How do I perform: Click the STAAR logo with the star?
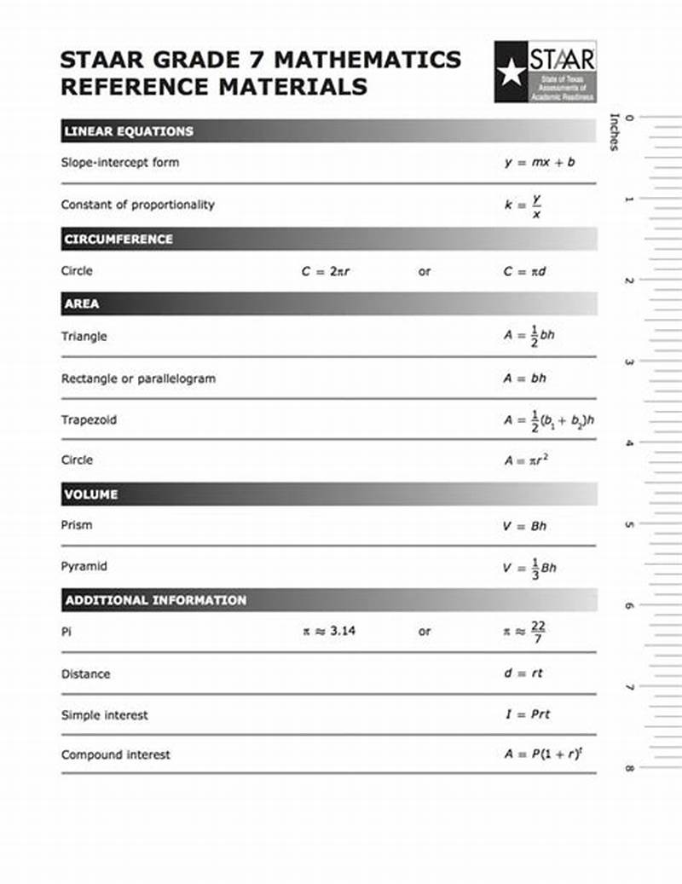pyautogui.click(x=545, y=72)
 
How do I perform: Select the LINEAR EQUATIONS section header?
pyautogui.click(x=129, y=131)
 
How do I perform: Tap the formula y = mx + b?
pyautogui.click(x=539, y=162)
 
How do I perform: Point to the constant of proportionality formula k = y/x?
pyautogui.click(x=523, y=205)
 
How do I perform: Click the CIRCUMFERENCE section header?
pyautogui.click(x=118, y=240)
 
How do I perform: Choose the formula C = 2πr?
pyautogui.click(x=326, y=272)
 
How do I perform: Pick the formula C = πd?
pyautogui.click(x=524, y=272)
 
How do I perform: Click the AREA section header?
pyautogui.click(x=82, y=303)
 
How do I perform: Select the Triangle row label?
pyautogui.click(x=84, y=336)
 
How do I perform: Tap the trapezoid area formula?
pyautogui.click(x=548, y=420)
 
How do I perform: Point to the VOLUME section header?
pyautogui.click(x=91, y=494)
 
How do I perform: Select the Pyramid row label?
pyautogui.click(x=84, y=566)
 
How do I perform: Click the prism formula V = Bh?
pyautogui.click(x=524, y=526)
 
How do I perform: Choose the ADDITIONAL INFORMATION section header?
pyautogui.click(x=156, y=600)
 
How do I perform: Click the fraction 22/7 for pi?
pyautogui.click(x=538, y=632)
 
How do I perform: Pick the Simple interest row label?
pyautogui.click(x=104, y=715)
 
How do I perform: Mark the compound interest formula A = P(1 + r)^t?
pyautogui.click(x=542, y=754)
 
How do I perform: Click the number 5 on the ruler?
pyautogui.click(x=629, y=524)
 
